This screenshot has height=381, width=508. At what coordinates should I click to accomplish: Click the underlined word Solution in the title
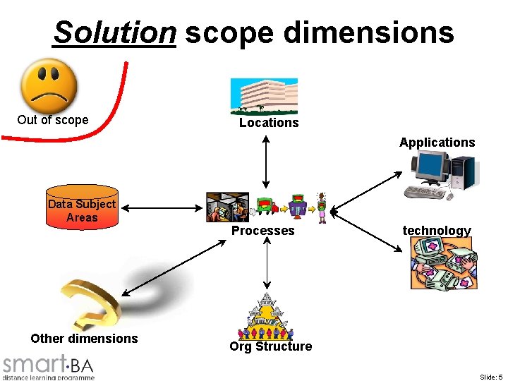click(114, 32)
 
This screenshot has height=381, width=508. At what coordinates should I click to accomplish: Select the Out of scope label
click(53, 120)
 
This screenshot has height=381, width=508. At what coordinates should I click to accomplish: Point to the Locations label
click(269, 123)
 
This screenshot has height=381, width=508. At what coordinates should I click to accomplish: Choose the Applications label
click(437, 143)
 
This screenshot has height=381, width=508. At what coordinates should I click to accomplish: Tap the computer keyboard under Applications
click(428, 193)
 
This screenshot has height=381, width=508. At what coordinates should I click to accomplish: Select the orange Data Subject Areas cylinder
click(81, 207)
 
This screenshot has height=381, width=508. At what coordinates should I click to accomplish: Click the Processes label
click(263, 231)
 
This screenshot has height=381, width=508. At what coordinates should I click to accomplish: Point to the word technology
click(436, 231)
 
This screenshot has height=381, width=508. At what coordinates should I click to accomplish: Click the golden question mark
click(92, 300)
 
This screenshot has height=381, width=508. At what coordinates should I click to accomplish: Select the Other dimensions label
click(84, 339)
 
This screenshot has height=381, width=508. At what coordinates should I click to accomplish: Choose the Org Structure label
click(271, 346)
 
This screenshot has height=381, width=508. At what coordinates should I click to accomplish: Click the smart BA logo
click(48, 367)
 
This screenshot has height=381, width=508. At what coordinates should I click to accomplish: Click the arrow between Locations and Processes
click(265, 162)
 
